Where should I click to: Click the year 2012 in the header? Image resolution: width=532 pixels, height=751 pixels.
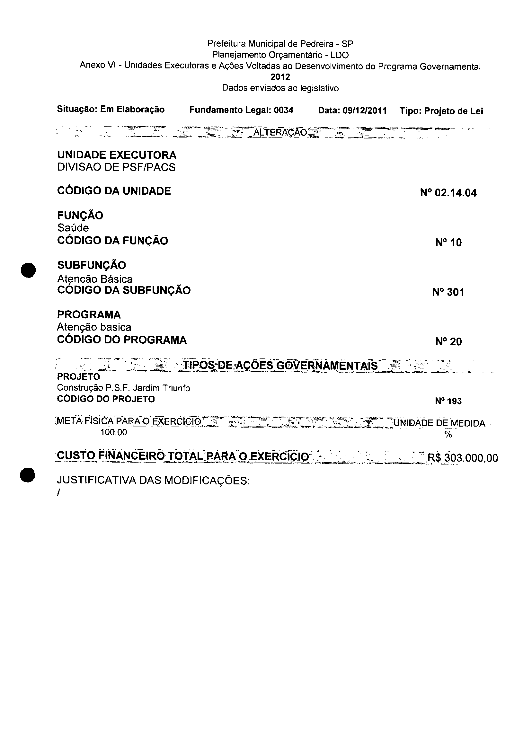pyautogui.click(x=280, y=77)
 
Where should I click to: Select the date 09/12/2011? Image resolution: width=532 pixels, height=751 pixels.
pyautogui.click(x=365, y=111)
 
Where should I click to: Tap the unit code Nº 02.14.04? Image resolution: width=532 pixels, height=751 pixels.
pyautogui.click(x=448, y=193)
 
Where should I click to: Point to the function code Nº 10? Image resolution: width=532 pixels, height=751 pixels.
pyautogui.click(x=448, y=243)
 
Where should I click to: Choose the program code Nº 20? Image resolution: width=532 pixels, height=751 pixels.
pyautogui.click(x=448, y=342)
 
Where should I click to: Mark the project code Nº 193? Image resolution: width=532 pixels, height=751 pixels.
pyautogui.click(x=448, y=401)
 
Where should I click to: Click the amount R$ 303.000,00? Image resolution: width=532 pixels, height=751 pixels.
pyautogui.click(x=463, y=457)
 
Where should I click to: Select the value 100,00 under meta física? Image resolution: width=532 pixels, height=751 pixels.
pyautogui.click(x=114, y=432)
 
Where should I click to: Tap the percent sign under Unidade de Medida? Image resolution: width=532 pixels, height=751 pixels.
pyautogui.click(x=448, y=435)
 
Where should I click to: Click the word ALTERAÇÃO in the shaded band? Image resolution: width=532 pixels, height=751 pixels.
pyautogui.click(x=280, y=132)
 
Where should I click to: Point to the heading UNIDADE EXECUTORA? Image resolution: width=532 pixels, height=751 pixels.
pyautogui.click(x=117, y=155)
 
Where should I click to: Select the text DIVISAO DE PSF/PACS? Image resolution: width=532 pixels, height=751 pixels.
pyautogui.click(x=116, y=167)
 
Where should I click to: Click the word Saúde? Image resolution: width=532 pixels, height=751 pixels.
pyautogui.click(x=73, y=228)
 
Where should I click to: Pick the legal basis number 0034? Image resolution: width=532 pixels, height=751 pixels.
pyautogui.click(x=283, y=110)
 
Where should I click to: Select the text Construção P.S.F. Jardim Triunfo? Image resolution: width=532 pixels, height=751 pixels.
pyautogui.click(x=123, y=388)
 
